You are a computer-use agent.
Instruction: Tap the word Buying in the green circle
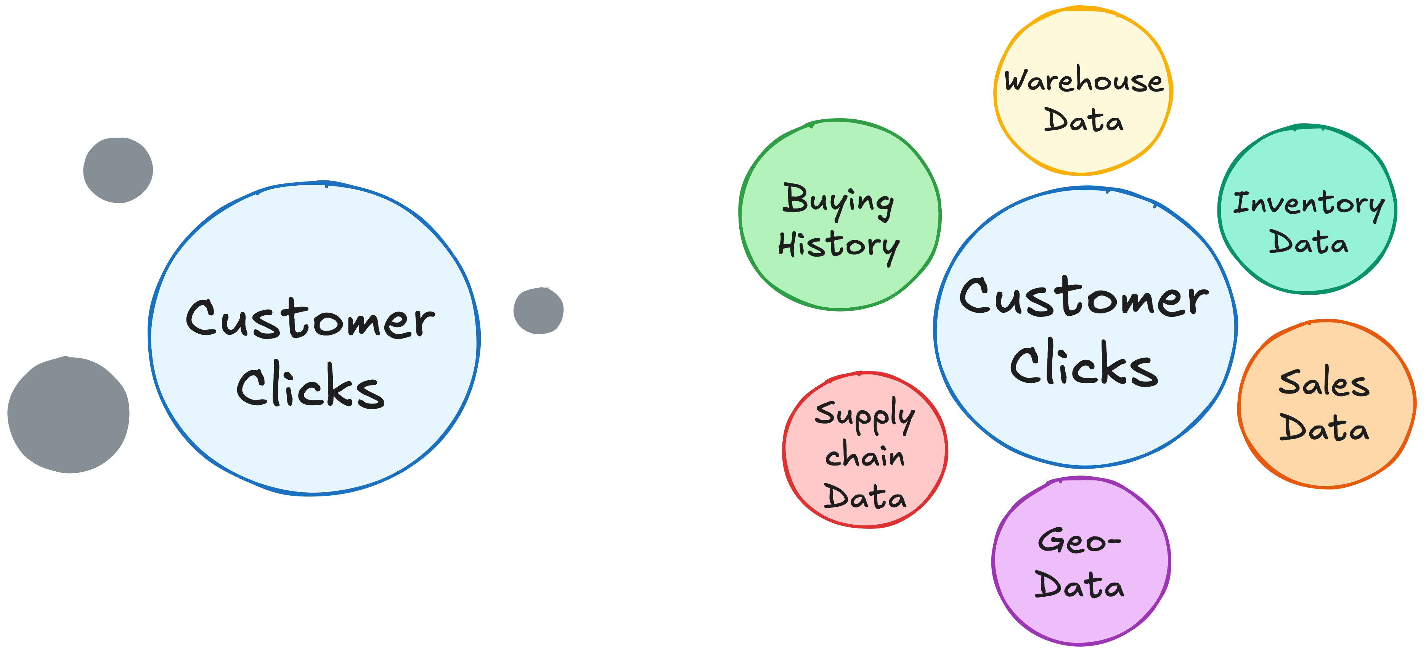coord(838,200)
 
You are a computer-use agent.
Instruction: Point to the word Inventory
coord(1308,203)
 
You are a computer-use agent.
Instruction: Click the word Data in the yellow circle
coord(1083,120)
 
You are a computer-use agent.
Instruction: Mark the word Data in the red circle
coord(865,496)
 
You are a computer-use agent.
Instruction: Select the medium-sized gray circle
coord(118,170)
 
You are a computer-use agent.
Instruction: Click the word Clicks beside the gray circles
coord(310,386)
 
